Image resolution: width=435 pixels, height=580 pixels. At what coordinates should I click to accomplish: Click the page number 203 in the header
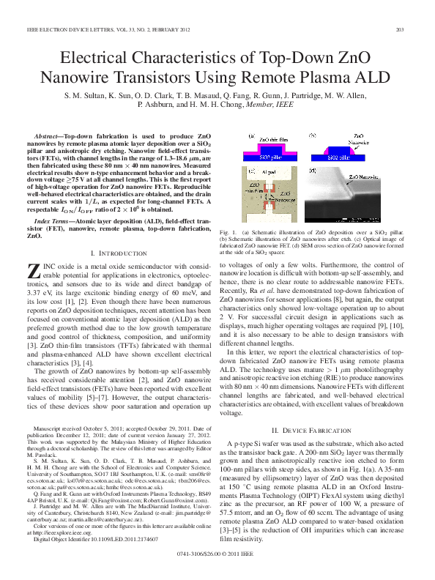click(401, 29)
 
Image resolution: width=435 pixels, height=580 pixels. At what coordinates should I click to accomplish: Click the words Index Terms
click(53, 220)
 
